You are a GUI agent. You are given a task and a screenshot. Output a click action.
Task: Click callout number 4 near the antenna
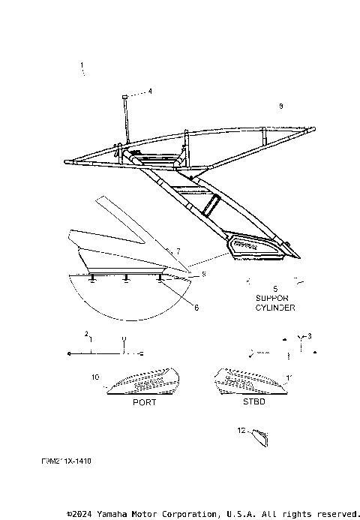(149, 92)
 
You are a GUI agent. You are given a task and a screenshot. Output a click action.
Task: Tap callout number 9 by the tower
(280, 107)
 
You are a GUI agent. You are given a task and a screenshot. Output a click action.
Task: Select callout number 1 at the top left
(82, 66)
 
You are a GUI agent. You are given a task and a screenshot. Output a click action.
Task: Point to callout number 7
(178, 250)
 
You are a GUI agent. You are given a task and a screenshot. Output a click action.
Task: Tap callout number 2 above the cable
(86, 332)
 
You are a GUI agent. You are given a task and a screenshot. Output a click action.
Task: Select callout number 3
(310, 335)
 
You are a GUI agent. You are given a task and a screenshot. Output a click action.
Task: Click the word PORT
(144, 402)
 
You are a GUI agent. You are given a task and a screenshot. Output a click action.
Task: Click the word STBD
(253, 402)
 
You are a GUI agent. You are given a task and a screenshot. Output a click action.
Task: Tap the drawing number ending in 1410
(67, 461)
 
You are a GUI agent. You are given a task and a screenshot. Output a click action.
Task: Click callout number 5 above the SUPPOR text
(274, 288)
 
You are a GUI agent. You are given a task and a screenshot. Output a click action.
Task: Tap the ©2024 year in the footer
(78, 514)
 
